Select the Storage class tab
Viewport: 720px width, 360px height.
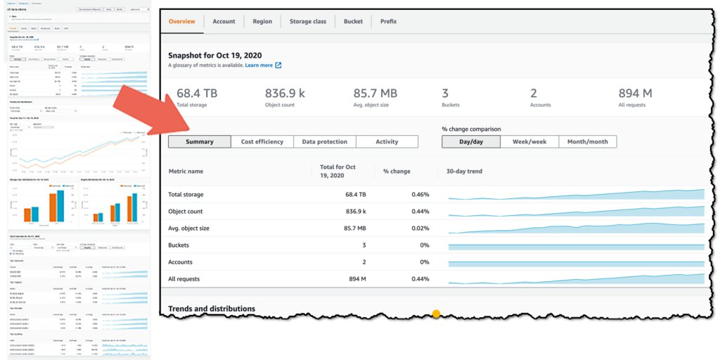click(x=307, y=21)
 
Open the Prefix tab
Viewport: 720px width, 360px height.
click(x=388, y=21)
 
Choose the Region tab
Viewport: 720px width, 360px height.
click(x=262, y=21)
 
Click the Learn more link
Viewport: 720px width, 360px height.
click(x=259, y=65)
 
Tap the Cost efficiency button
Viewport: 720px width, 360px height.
click(x=262, y=141)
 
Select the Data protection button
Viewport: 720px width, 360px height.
click(x=324, y=141)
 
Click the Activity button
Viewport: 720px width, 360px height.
click(x=387, y=141)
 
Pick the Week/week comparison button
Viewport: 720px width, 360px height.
click(x=529, y=141)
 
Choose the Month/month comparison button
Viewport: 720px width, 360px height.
click(x=587, y=141)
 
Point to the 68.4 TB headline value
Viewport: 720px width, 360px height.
click(x=197, y=93)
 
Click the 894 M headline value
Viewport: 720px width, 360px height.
click(x=635, y=93)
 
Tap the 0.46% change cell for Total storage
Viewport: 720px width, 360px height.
click(x=420, y=194)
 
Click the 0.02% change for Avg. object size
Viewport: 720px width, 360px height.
click(x=420, y=228)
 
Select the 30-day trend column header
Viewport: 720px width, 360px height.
click(x=464, y=171)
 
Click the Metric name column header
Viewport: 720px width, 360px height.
click(x=186, y=171)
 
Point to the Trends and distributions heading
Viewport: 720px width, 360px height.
click(x=212, y=309)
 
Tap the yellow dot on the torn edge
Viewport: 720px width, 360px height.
click(x=436, y=314)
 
